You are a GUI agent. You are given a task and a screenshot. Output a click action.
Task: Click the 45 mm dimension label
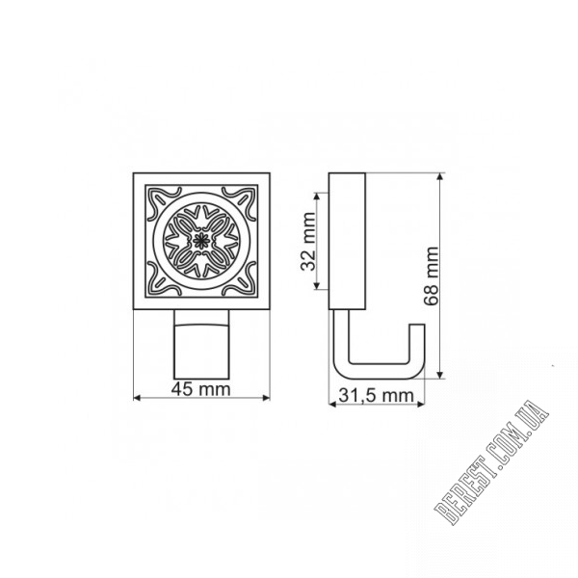point(201,389)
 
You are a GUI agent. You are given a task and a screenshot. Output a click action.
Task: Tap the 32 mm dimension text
point(308,242)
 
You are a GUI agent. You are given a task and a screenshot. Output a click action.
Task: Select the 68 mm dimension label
point(432,276)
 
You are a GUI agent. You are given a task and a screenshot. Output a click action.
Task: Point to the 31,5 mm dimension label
point(376,396)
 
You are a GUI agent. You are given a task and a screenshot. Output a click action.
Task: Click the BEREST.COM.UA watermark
point(491,462)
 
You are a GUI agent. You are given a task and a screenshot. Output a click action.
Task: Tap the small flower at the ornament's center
point(201,241)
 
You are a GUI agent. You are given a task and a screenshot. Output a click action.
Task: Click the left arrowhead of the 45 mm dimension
point(137,398)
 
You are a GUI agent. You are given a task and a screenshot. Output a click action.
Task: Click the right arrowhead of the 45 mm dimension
point(266,398)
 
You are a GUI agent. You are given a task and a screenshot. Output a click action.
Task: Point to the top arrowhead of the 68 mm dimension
point(440,177)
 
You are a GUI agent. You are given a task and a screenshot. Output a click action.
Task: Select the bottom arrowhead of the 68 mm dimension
point(440,374)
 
